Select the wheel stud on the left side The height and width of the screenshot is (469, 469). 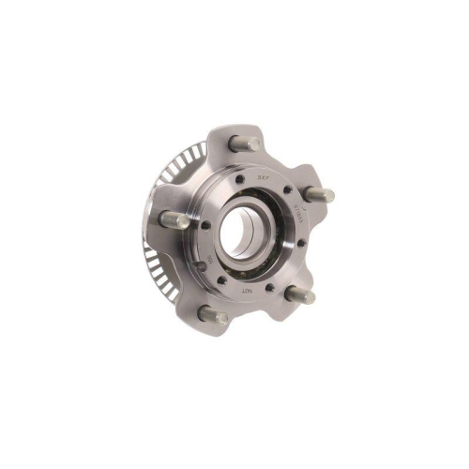tap(173, 219)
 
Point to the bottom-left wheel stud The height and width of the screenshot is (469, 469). tap(213, 314)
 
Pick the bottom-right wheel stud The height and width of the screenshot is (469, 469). tap(303, 295)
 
